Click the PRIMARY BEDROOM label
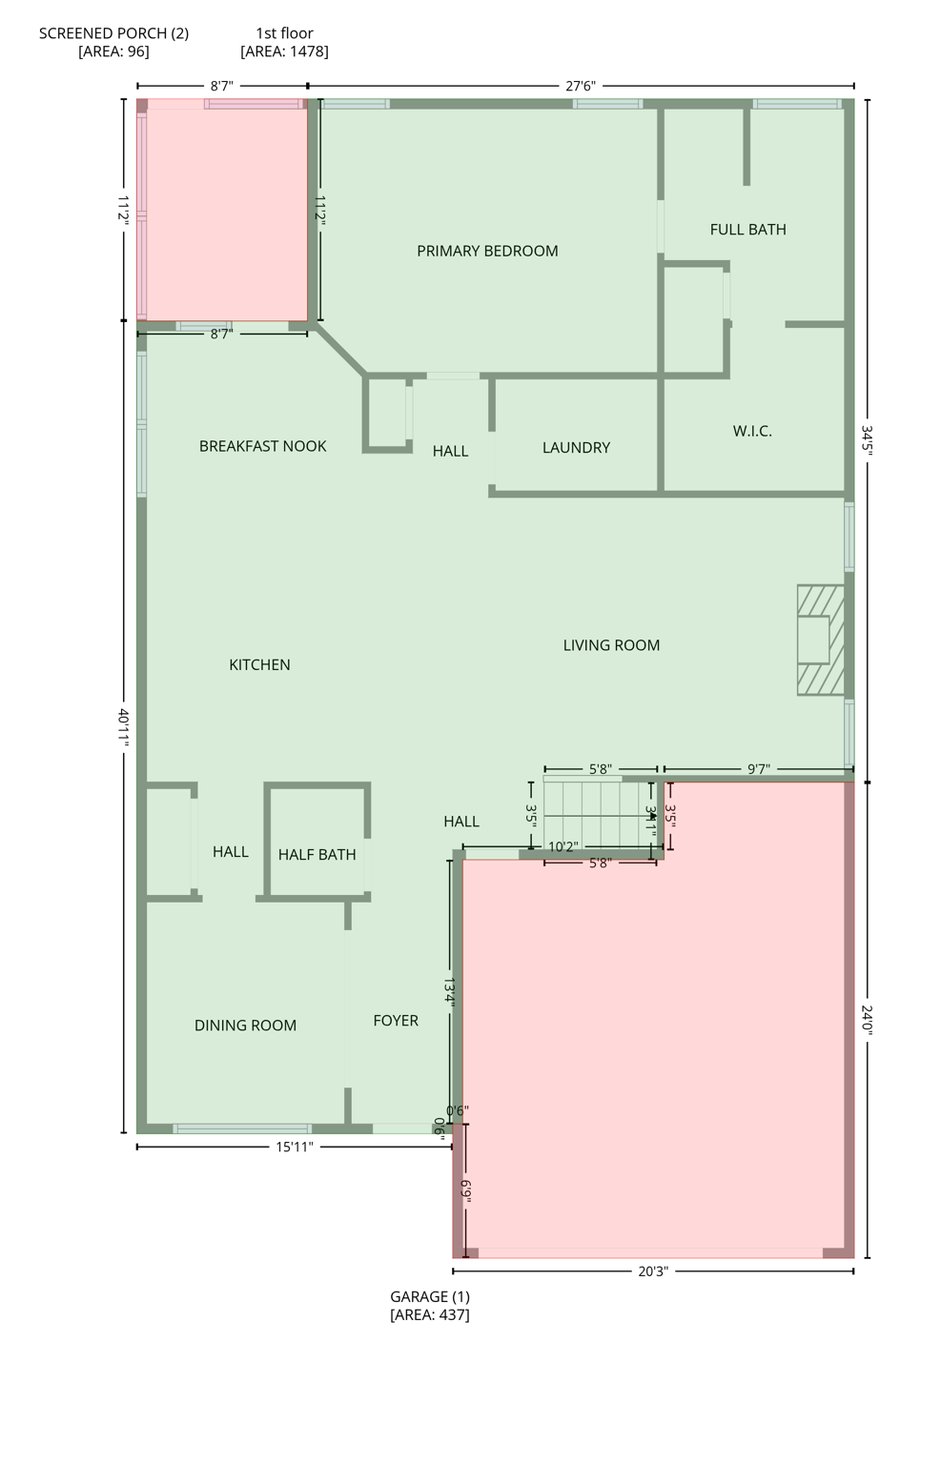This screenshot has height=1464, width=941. tap(487, 252)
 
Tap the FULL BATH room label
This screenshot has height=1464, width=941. tap(747, 230)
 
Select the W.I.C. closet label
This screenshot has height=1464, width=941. tap(752, 432)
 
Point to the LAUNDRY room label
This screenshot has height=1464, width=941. tap(576, 448)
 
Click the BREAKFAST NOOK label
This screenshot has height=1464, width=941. tap(262, 447)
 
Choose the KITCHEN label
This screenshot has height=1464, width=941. tap(259, 665)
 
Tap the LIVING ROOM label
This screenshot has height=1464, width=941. tap(611, 646)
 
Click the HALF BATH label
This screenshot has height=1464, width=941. tap(317, 855)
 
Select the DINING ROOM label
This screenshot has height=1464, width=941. tap(245, 1026)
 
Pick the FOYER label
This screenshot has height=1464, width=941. tap(396, 1021)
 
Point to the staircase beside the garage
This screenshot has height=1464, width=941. tap(599, 815)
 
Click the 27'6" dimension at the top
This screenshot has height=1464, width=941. tap(580, 87)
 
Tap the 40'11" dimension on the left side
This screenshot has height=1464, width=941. tap(124, 726)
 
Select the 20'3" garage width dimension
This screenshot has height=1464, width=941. tap(653, 1271)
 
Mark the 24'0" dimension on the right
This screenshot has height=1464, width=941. tap(867, 1020)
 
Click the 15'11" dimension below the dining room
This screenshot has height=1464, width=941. tap(295, 1148)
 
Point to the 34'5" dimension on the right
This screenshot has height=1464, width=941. tap(867, 440)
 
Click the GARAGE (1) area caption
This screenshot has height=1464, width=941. tap(430, 1306)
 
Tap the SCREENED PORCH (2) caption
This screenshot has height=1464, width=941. tap(113, 42)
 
